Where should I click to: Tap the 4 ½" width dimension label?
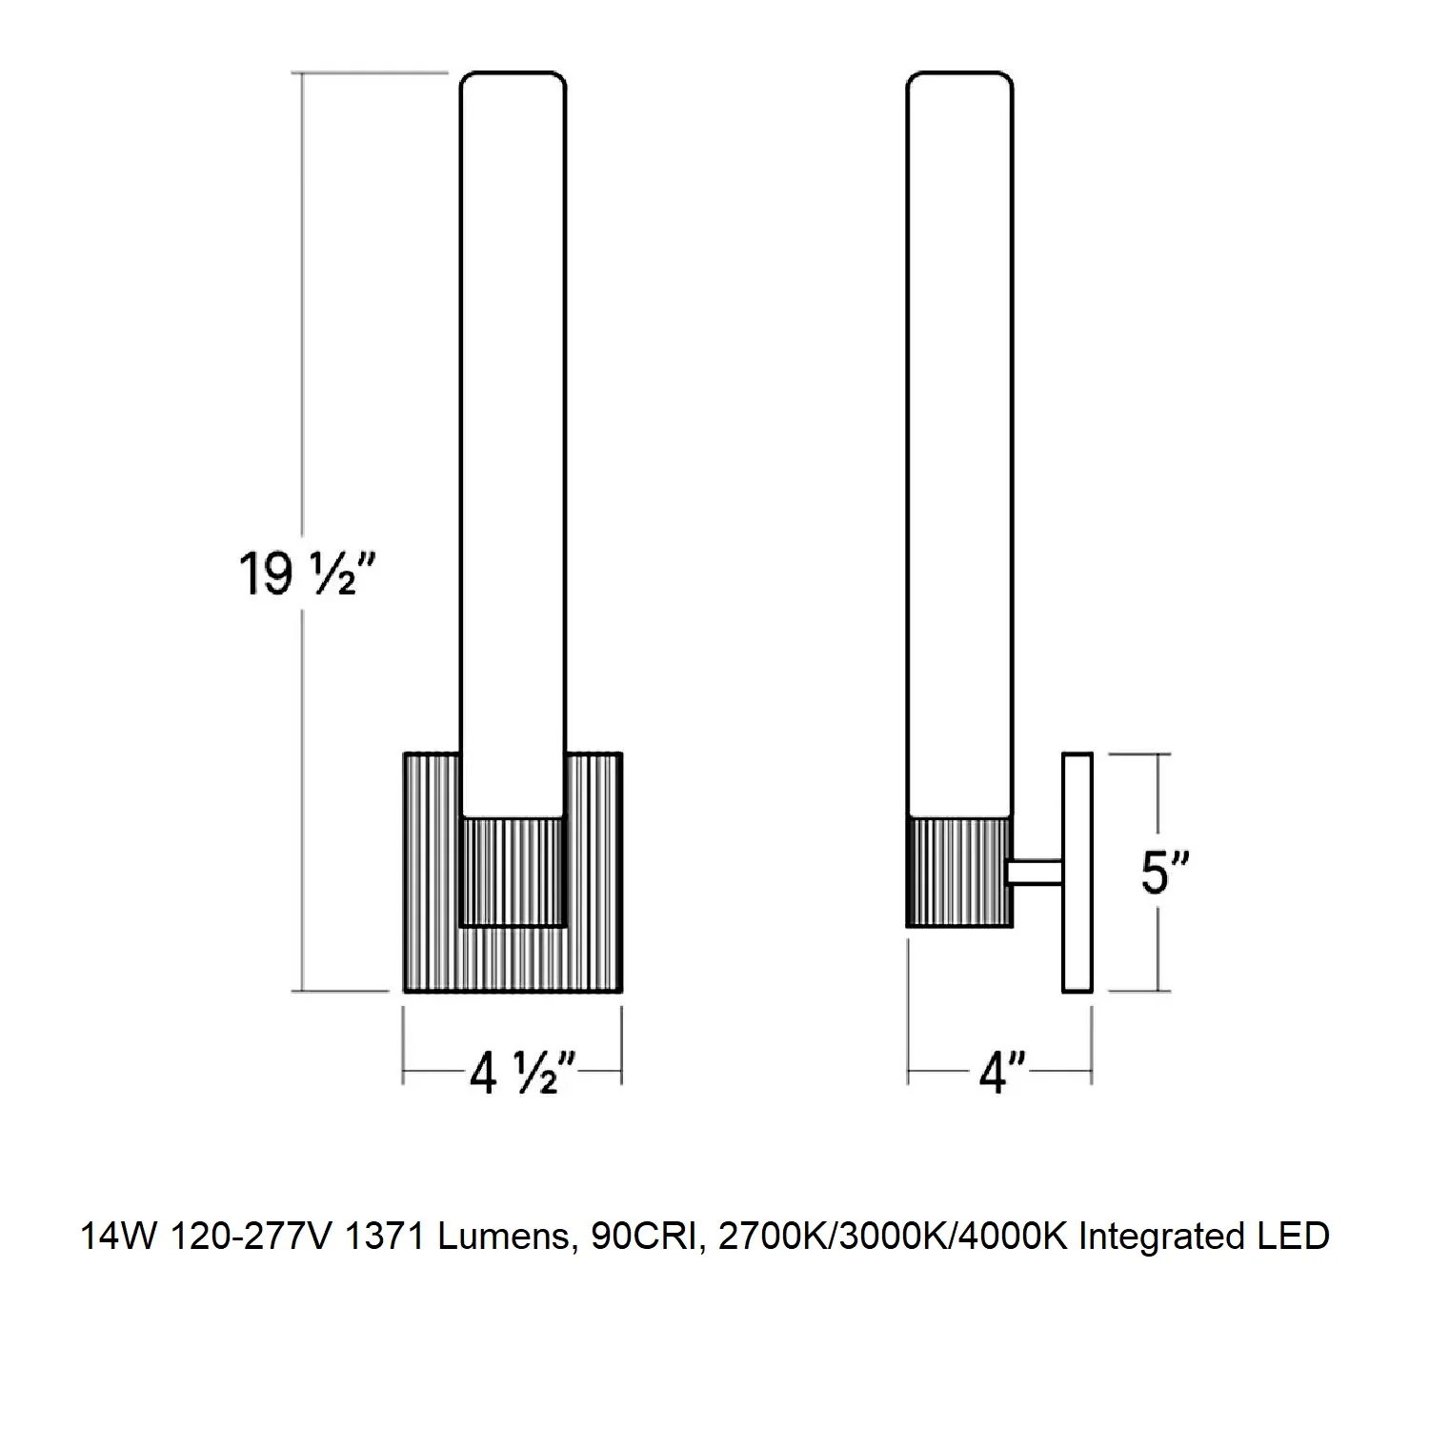click(523, 1074)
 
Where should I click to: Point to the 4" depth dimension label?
click(1003, 1074)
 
